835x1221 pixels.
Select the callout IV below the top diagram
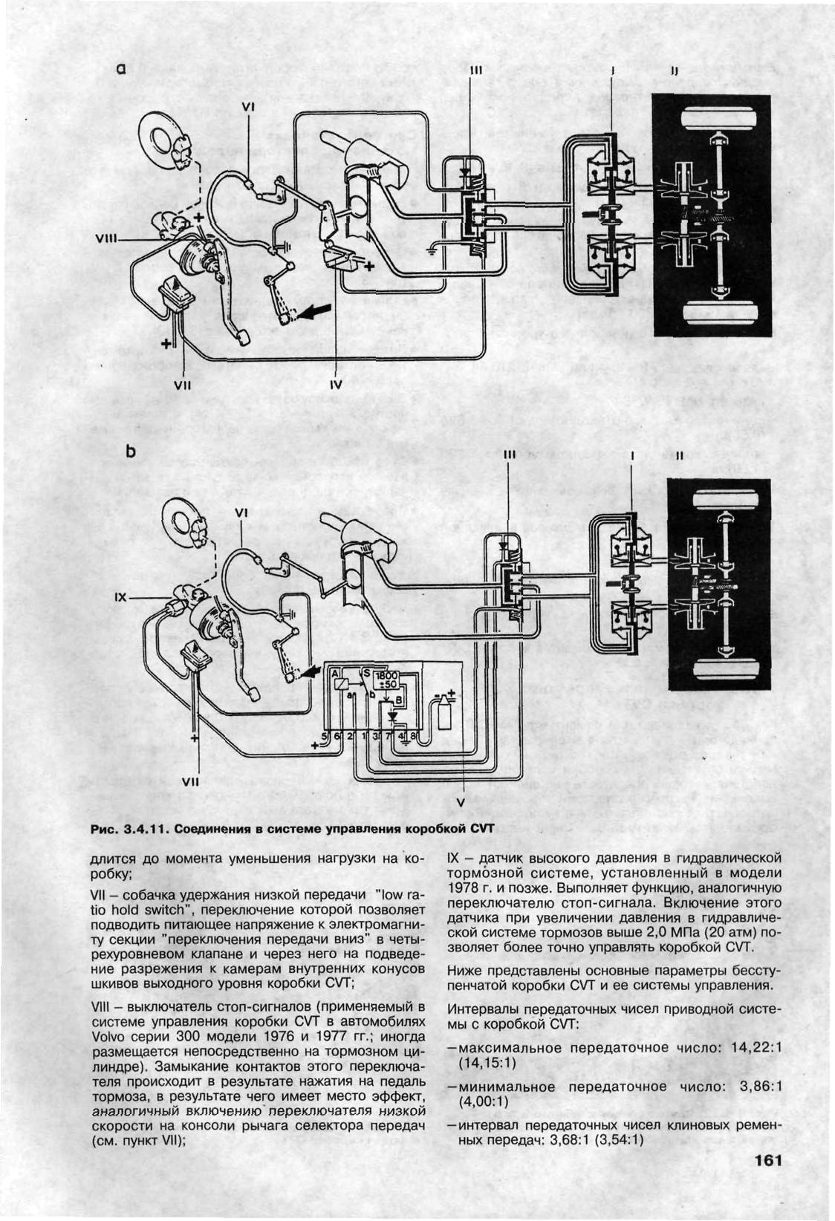click(x=336, y=385)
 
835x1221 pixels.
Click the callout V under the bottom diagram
click(x=461, y=803)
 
